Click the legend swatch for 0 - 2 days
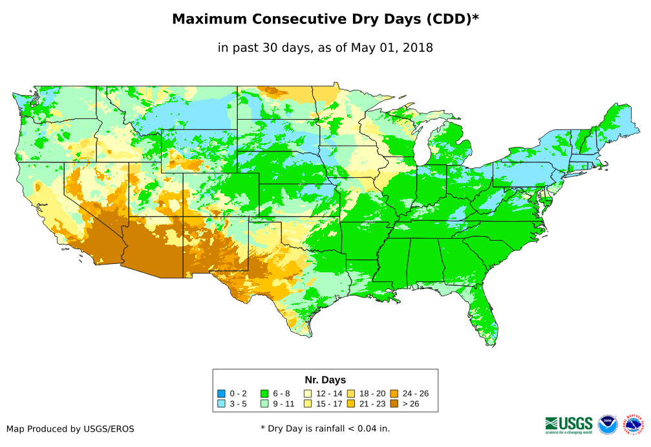tap(221, 393)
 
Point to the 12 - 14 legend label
tap(329, 393)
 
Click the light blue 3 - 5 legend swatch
tap(221, 404)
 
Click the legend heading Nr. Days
tap(325, 380)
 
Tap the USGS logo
tap(569, 424)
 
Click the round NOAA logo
tap(608, 424)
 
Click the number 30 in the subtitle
tap(283, 47)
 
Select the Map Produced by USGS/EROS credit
tap(70, 429)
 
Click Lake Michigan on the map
tap(421, 146)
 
